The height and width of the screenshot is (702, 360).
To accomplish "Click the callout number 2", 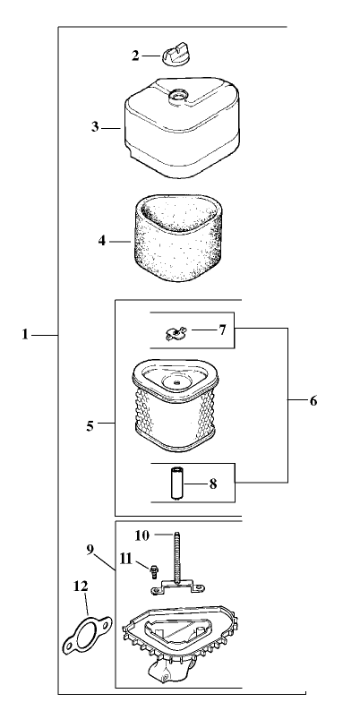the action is pos(135,56).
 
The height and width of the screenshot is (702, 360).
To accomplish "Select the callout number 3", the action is pos(95,127).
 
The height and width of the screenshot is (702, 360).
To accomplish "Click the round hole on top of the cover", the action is pos(177,95).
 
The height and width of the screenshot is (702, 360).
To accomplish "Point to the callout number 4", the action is pos(102,241).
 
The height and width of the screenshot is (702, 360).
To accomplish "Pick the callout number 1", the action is pos(25,335).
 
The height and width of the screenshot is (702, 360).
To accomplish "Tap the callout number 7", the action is pos(222,330).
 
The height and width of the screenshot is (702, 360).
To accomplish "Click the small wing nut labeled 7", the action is pos(176,333).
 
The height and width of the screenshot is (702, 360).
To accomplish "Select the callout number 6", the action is pos(313,401).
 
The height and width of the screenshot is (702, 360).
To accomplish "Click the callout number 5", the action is pos(90,426).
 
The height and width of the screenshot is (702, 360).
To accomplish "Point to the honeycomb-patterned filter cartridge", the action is pos(175,406).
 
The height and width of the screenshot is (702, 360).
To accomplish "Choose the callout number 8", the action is pos(213,484).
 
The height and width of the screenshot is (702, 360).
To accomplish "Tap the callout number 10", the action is pos(141,535).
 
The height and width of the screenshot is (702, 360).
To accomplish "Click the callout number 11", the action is pos(126,559).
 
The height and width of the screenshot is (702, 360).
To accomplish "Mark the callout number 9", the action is pos(90,550).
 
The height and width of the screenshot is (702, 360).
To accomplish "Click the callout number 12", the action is pos(81,586).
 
